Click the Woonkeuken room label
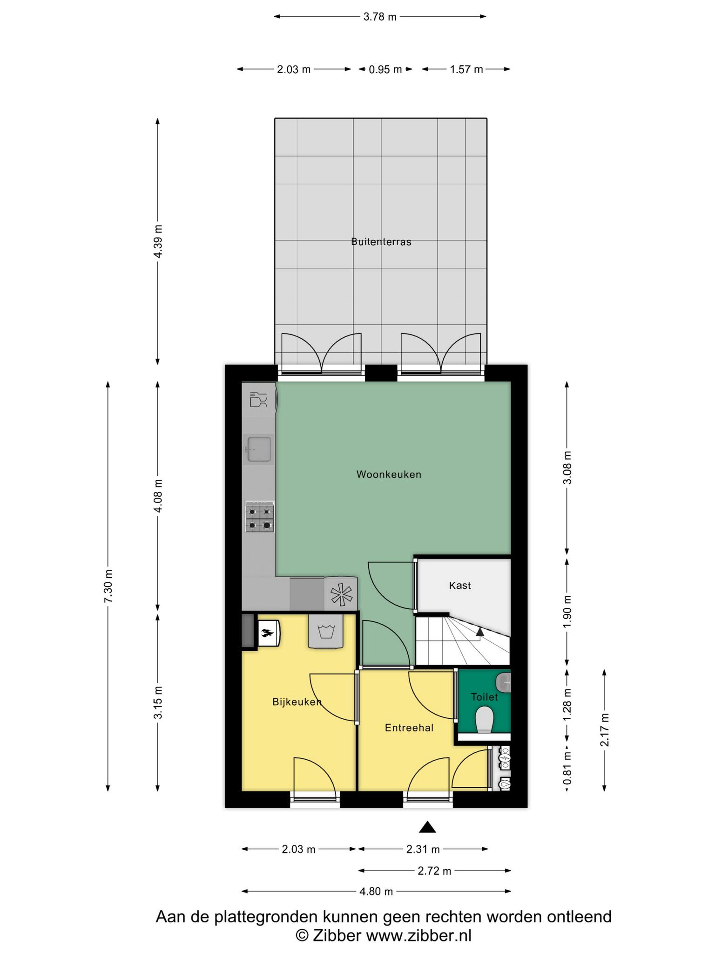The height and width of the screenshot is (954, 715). [389, 474]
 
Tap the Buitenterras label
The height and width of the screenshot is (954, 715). [381, 242]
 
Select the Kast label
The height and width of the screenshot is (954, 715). [460, 586]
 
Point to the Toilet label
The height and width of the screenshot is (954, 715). [484, 697]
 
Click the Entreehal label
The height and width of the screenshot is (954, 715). [409, 728]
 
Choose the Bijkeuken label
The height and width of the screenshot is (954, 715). [297, 702]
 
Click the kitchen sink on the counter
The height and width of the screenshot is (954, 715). [259, 449]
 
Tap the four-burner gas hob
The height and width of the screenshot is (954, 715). [260, 517]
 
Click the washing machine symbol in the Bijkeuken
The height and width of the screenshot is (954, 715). [326, 632]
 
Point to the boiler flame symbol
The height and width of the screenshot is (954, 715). [268, 633]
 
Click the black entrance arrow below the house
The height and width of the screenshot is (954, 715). [427, 827]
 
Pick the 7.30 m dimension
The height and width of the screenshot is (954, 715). [108, 586]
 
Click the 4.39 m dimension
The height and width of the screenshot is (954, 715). [158, 241]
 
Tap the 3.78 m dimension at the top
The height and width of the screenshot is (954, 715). [380, 17]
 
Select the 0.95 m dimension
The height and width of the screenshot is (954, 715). [385, 69]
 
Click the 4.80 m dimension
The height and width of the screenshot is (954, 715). [376, 892]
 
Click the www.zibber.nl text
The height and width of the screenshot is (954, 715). [418, 935]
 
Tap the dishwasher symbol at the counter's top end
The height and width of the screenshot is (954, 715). [258, 400]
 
